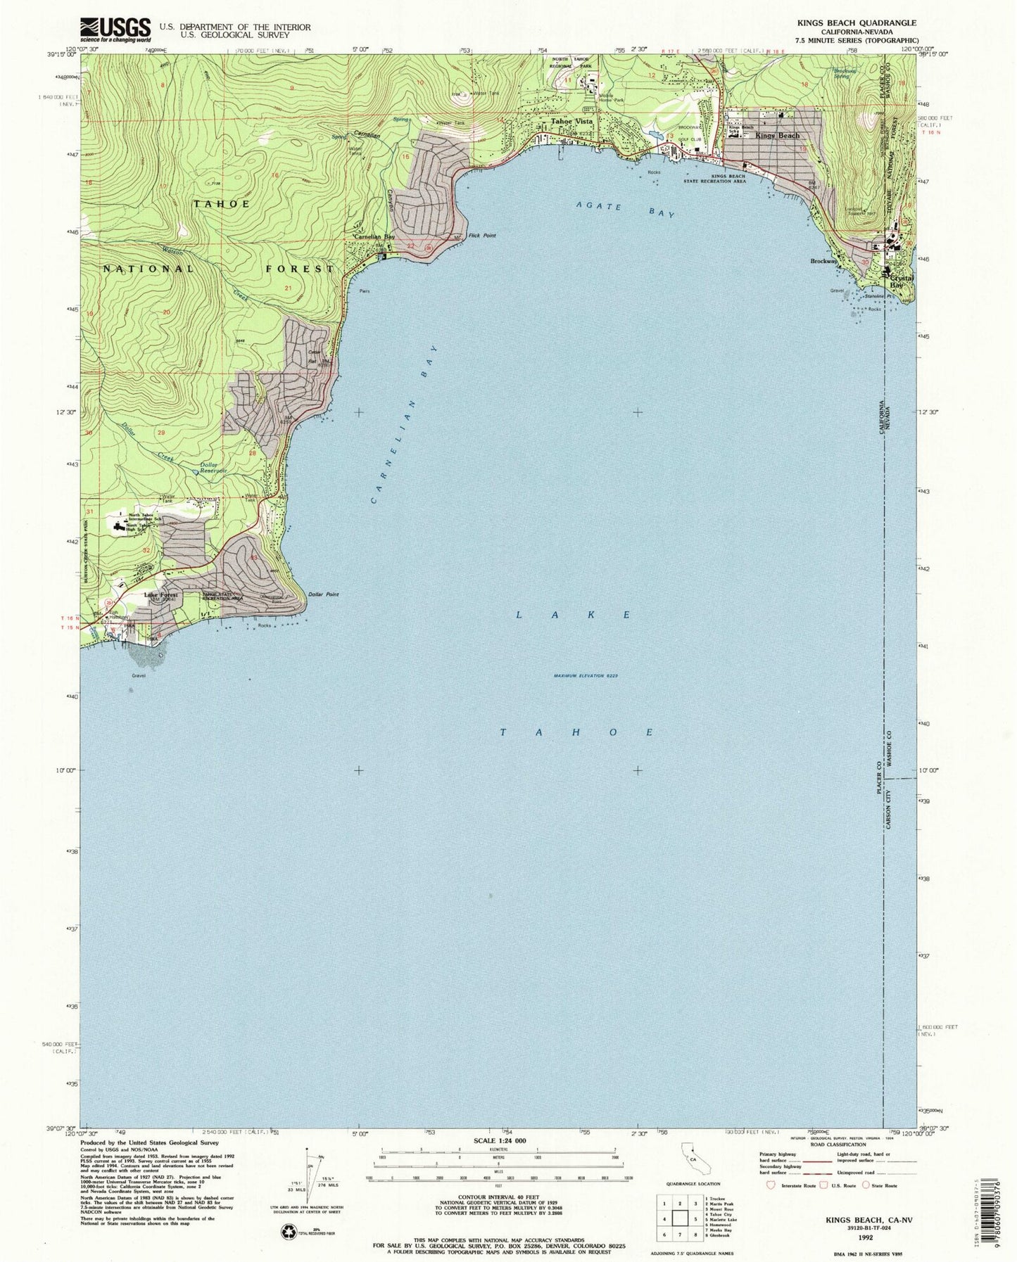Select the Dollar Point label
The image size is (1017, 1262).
(323, 595)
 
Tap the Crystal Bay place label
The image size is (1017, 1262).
(902, 281)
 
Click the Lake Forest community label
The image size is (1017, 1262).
(162, 594)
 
